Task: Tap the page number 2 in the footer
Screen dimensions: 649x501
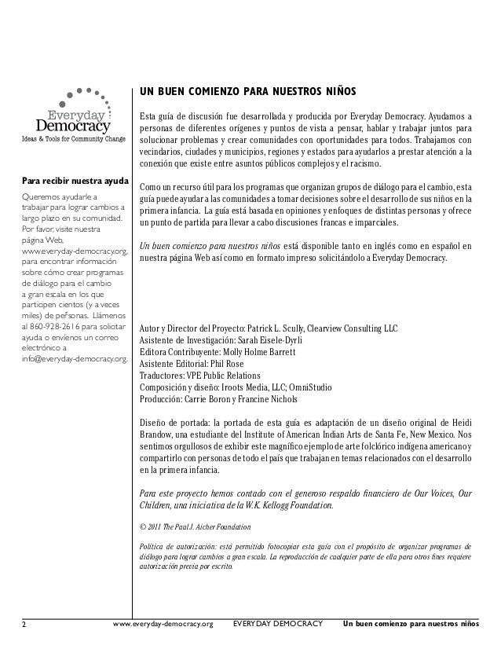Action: pyautogui.click(x=24, y=625)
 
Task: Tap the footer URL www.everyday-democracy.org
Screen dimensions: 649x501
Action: pyautogui.click(x=163, y=625)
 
